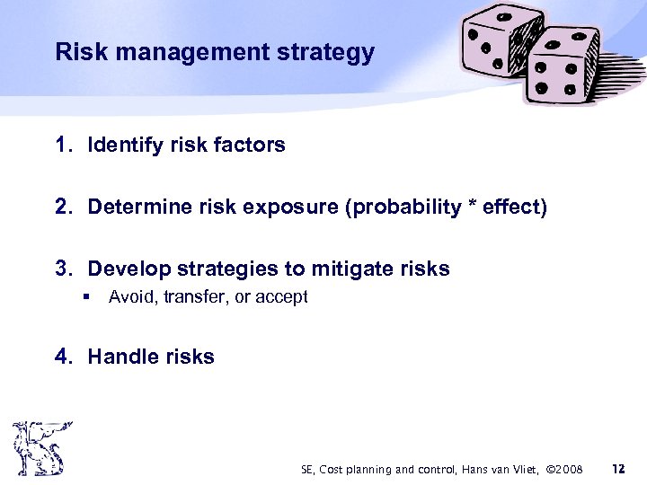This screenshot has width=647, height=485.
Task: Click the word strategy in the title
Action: [329, 52]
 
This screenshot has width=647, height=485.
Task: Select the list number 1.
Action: [62, 145]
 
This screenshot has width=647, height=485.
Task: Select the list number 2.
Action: [62, 207]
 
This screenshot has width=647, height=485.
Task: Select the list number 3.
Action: [62, 269]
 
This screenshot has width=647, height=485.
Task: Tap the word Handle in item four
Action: [120, 357]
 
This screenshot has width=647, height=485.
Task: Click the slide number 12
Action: [617, 468]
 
